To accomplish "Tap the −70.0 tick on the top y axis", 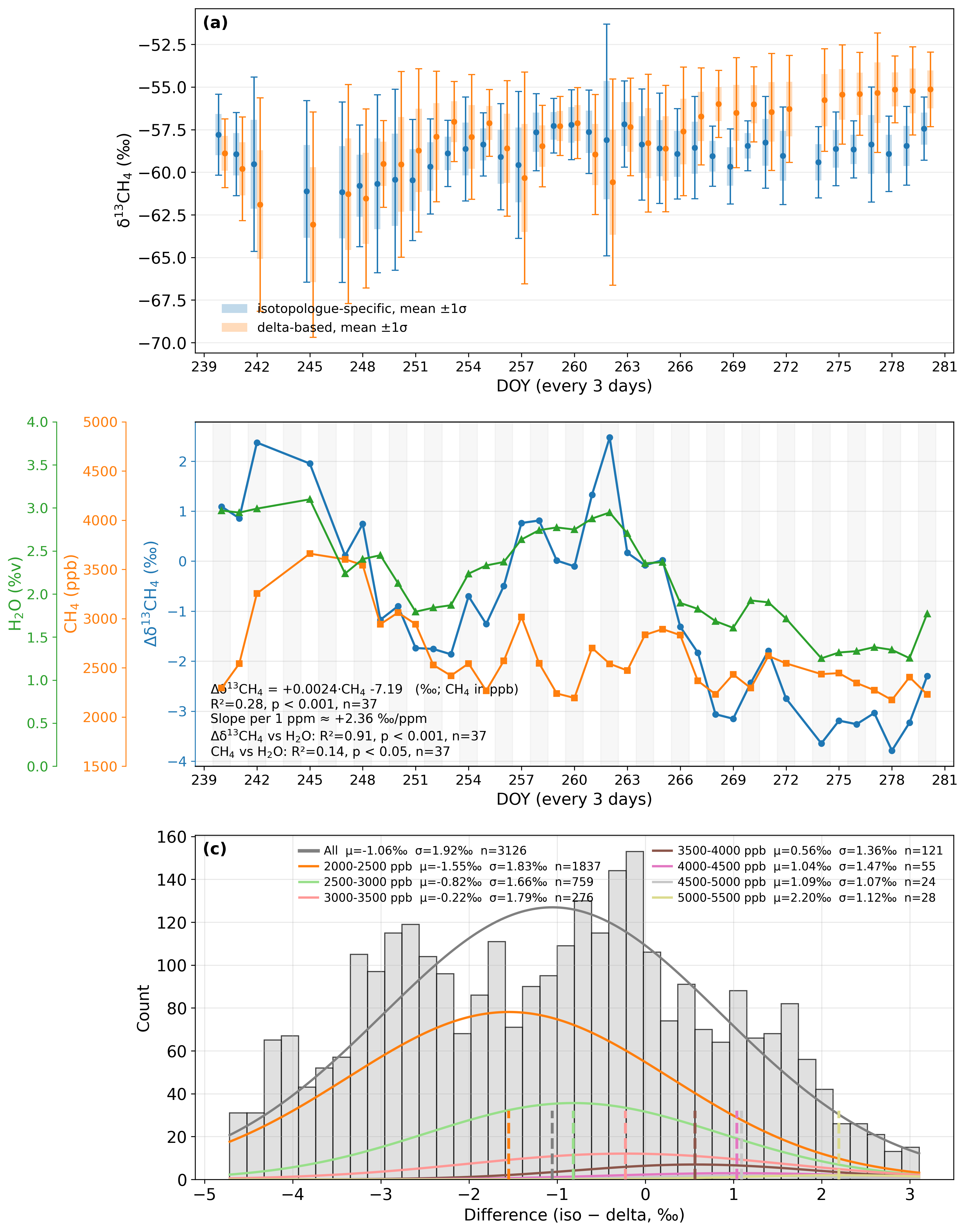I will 163,343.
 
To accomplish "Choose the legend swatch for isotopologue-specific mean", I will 235,309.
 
